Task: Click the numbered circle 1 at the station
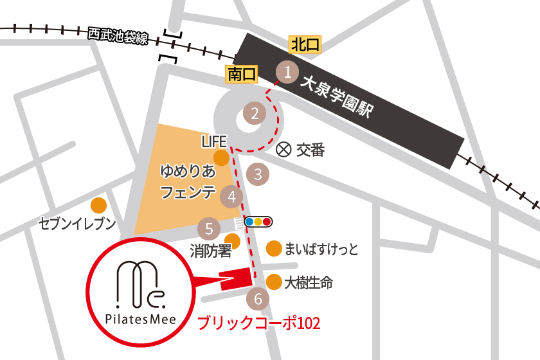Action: [x=288, y=72]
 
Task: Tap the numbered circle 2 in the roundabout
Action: [x=255, y=114]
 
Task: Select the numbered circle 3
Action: [x=258, y=173]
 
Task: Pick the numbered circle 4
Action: [x=231, y=197]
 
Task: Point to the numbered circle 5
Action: [x=208, y=228]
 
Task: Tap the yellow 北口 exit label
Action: [x=305, y=44]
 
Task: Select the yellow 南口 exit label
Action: [x=242, y=75]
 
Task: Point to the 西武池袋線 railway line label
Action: [x=118, y=36]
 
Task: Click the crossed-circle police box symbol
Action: [x=283, y=150]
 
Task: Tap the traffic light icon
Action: [x=258, y=222]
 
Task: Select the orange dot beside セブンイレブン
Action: [x=98, y=205]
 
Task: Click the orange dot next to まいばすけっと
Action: [x=274, y=249]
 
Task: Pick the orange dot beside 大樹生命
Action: [x=274, y=282]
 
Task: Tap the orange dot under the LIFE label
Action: [x=221, y=158]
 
